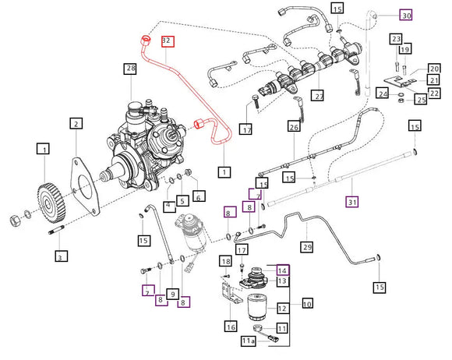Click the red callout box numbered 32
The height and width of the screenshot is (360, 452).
coord(168,41)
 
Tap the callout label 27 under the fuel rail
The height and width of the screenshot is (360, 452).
coord(317,96)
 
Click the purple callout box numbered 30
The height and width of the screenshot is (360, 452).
coord(406,15)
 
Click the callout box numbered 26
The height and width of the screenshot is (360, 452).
coord(294,127)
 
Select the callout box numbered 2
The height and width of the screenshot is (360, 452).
coord(76,124)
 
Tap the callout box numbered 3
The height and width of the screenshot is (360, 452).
coord(60,255)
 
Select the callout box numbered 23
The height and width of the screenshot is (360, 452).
coord(396,39)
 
